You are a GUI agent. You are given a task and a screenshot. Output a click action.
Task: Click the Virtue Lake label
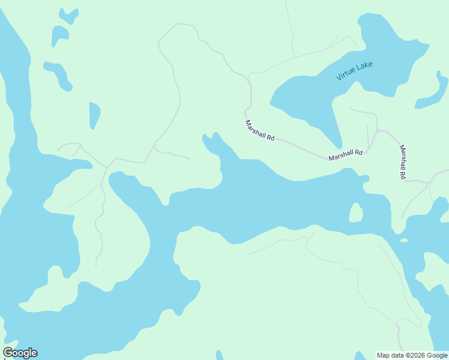tap(354, 71)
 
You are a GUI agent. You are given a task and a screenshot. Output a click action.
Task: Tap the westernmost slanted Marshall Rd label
tap(259, 130)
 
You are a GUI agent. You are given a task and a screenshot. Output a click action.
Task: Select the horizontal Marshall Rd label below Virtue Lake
tap(345, 155)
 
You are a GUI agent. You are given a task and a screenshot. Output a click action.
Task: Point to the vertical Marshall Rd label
tap(402, 163)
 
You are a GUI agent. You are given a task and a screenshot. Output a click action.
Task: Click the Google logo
tap(20, 353)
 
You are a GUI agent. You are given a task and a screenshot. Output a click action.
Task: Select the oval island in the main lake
tap(356, 212)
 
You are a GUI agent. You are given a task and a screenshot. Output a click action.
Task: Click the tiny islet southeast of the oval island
tap(404, 241)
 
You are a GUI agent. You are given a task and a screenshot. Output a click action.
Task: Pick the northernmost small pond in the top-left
tap(68, 16)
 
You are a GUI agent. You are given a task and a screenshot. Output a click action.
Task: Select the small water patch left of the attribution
tap(359, 356)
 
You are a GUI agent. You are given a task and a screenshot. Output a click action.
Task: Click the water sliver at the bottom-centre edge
tap(220, 355)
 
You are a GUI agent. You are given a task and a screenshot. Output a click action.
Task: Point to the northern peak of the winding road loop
tap(178, 24)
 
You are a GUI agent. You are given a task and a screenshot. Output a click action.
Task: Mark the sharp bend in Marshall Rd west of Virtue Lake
tap(246, 112)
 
